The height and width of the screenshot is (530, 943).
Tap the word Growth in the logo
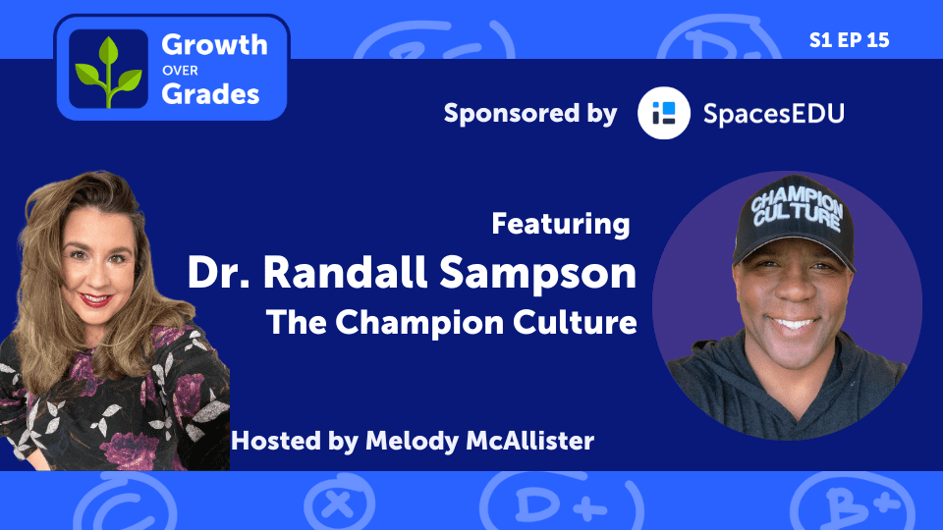click(213, 45)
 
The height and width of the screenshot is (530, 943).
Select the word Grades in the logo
click(210, 93)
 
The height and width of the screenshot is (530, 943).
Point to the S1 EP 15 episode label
click(850, 40)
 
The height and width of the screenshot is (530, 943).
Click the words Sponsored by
click(530, 113)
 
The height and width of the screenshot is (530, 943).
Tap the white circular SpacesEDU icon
click(663, 113)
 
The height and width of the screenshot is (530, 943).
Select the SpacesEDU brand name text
click(774, 113)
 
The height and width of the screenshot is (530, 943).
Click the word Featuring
click(561, 224)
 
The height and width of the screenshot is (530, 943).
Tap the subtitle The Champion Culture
click(453, 323)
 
